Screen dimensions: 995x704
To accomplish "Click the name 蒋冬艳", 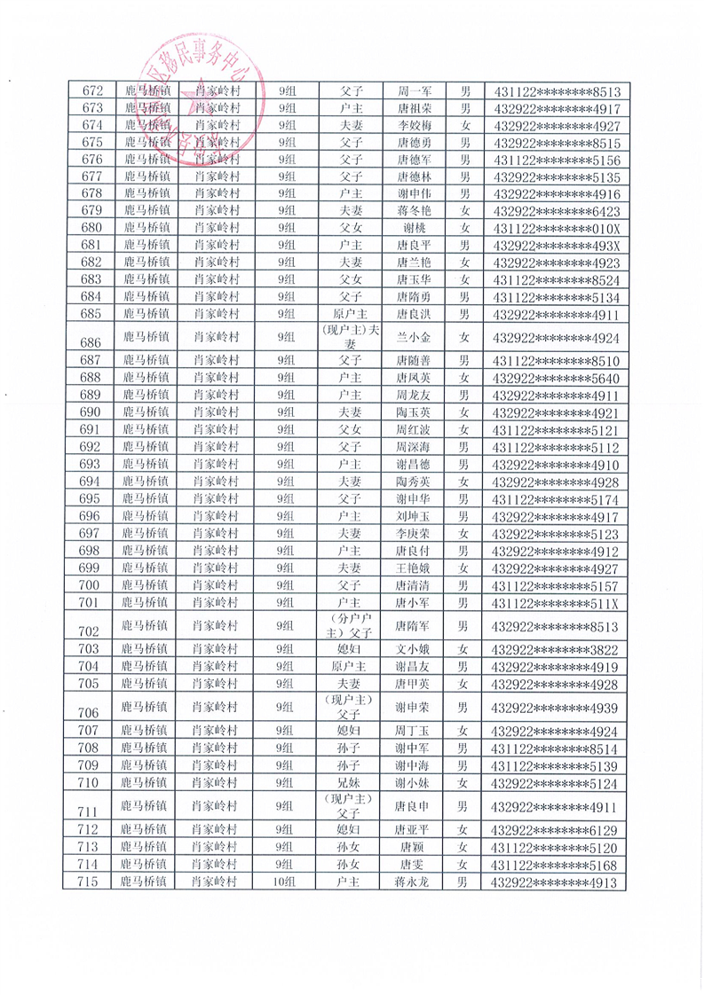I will pos(413,211).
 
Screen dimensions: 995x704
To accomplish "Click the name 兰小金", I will pos(413,337).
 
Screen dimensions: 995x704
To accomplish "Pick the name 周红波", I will pos(413,429).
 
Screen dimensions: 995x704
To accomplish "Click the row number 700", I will pos(92,585).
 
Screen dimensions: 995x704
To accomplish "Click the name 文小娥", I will pos(413,650).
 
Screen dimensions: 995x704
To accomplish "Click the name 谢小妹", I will pos(413,783).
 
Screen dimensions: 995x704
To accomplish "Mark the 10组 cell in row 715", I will pos(287,881).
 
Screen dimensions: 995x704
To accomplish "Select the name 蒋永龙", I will pos(413,881).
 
